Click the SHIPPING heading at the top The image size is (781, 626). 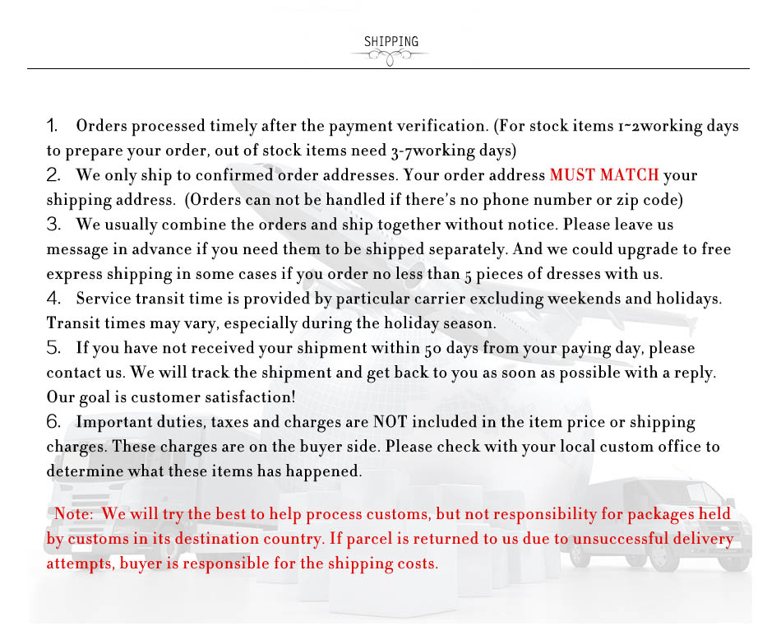pos(390,42)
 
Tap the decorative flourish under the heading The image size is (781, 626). pos(390,56)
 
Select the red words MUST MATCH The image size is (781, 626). pos(604,175)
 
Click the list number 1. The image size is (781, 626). pos(52,126)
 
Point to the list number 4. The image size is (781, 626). pos(53,299)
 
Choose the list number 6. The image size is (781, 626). pos(53,422)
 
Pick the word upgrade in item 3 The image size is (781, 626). pos(642,249)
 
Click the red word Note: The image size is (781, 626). pos(75,514)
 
